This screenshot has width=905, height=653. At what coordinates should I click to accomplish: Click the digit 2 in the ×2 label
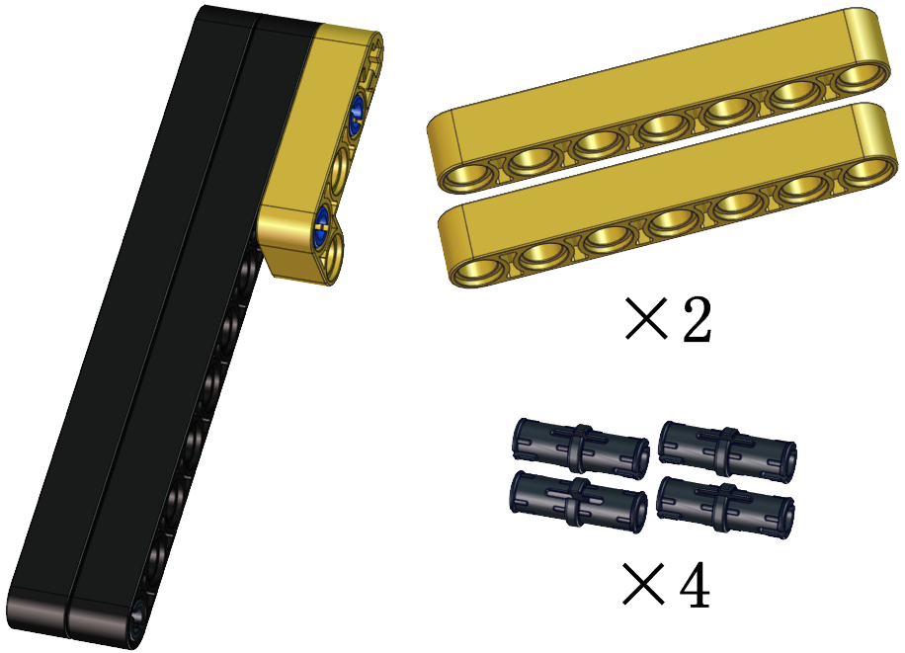point(697,319)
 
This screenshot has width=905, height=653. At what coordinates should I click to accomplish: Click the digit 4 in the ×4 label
point(695,586)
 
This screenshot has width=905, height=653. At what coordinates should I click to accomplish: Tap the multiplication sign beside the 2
point(646,318)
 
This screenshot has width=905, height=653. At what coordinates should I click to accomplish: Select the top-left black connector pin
point(581,449)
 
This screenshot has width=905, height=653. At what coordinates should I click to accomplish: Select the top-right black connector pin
point(728,451)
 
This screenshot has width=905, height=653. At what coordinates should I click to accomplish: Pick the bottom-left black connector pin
point(578,501)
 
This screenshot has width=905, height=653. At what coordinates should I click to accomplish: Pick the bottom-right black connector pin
point(725,507)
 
